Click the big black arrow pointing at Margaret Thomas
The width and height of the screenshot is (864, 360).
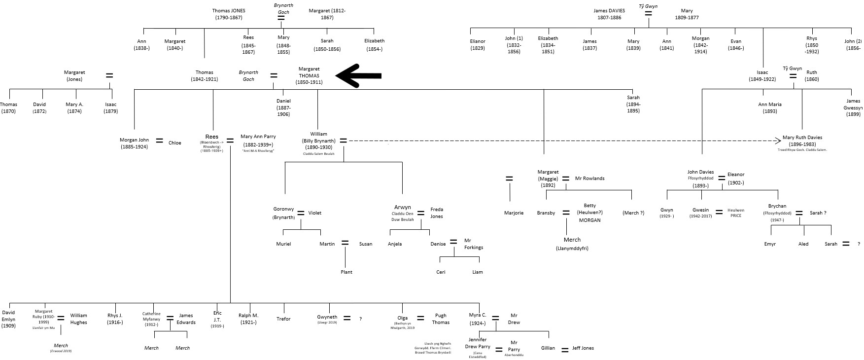click(358, 75)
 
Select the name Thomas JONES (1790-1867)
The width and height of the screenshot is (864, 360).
click(229, 14)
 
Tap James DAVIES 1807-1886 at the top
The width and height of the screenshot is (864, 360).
click(609, 14)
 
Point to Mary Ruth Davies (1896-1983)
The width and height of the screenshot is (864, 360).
click(802, 141)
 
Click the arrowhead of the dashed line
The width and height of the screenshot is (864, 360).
click(778, 141)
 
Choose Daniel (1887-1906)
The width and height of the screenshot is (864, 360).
click(283, 108)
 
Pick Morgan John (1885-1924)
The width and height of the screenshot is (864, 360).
click(134, 143)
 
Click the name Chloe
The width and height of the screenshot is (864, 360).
click(175, 143)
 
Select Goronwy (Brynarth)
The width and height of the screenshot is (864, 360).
click(283, 213)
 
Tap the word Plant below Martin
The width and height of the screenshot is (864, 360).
click(346, 272)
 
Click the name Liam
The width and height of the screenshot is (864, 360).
click(478, 272)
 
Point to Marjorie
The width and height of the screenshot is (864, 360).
click(514, 213)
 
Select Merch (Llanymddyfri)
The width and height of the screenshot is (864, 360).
click(572, 244)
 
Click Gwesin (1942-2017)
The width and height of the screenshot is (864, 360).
click(700, 213)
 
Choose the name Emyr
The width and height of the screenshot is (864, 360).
click(770, 244)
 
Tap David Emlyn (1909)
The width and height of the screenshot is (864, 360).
click(8, 319)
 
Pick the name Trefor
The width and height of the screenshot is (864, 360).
click(283, 319)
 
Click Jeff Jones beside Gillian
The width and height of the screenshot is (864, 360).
click(583, 348)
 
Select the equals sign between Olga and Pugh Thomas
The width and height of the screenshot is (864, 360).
click(420, 319)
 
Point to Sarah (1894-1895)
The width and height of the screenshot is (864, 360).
click(633, 104)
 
